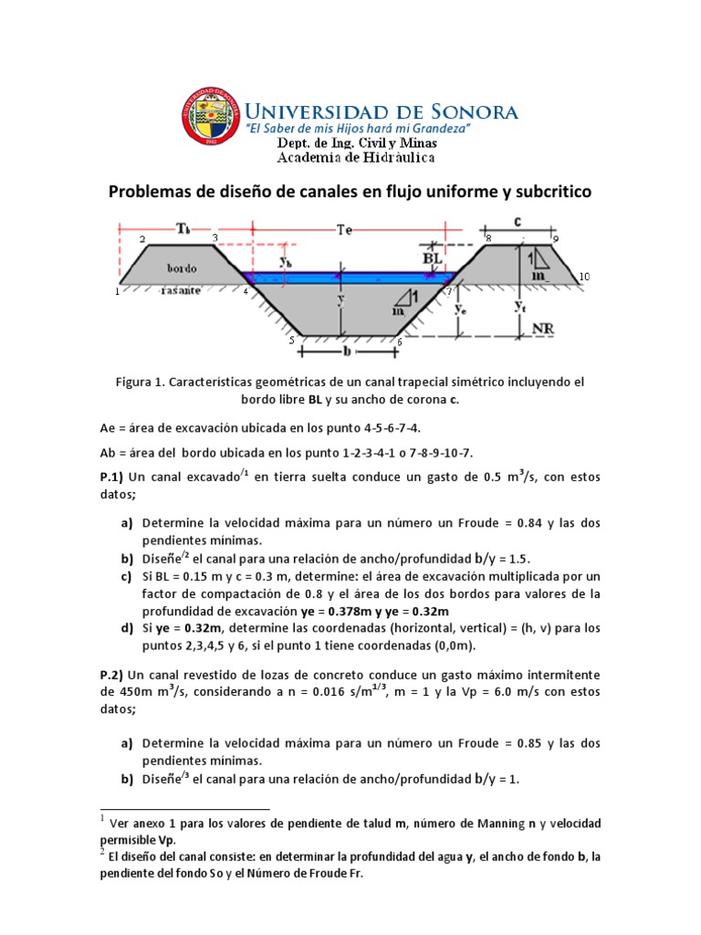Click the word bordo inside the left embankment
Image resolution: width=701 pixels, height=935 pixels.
coord(183,268)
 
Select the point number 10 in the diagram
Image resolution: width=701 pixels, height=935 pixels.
coord(584,276)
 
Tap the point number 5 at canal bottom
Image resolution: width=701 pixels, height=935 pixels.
coord(291,341)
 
